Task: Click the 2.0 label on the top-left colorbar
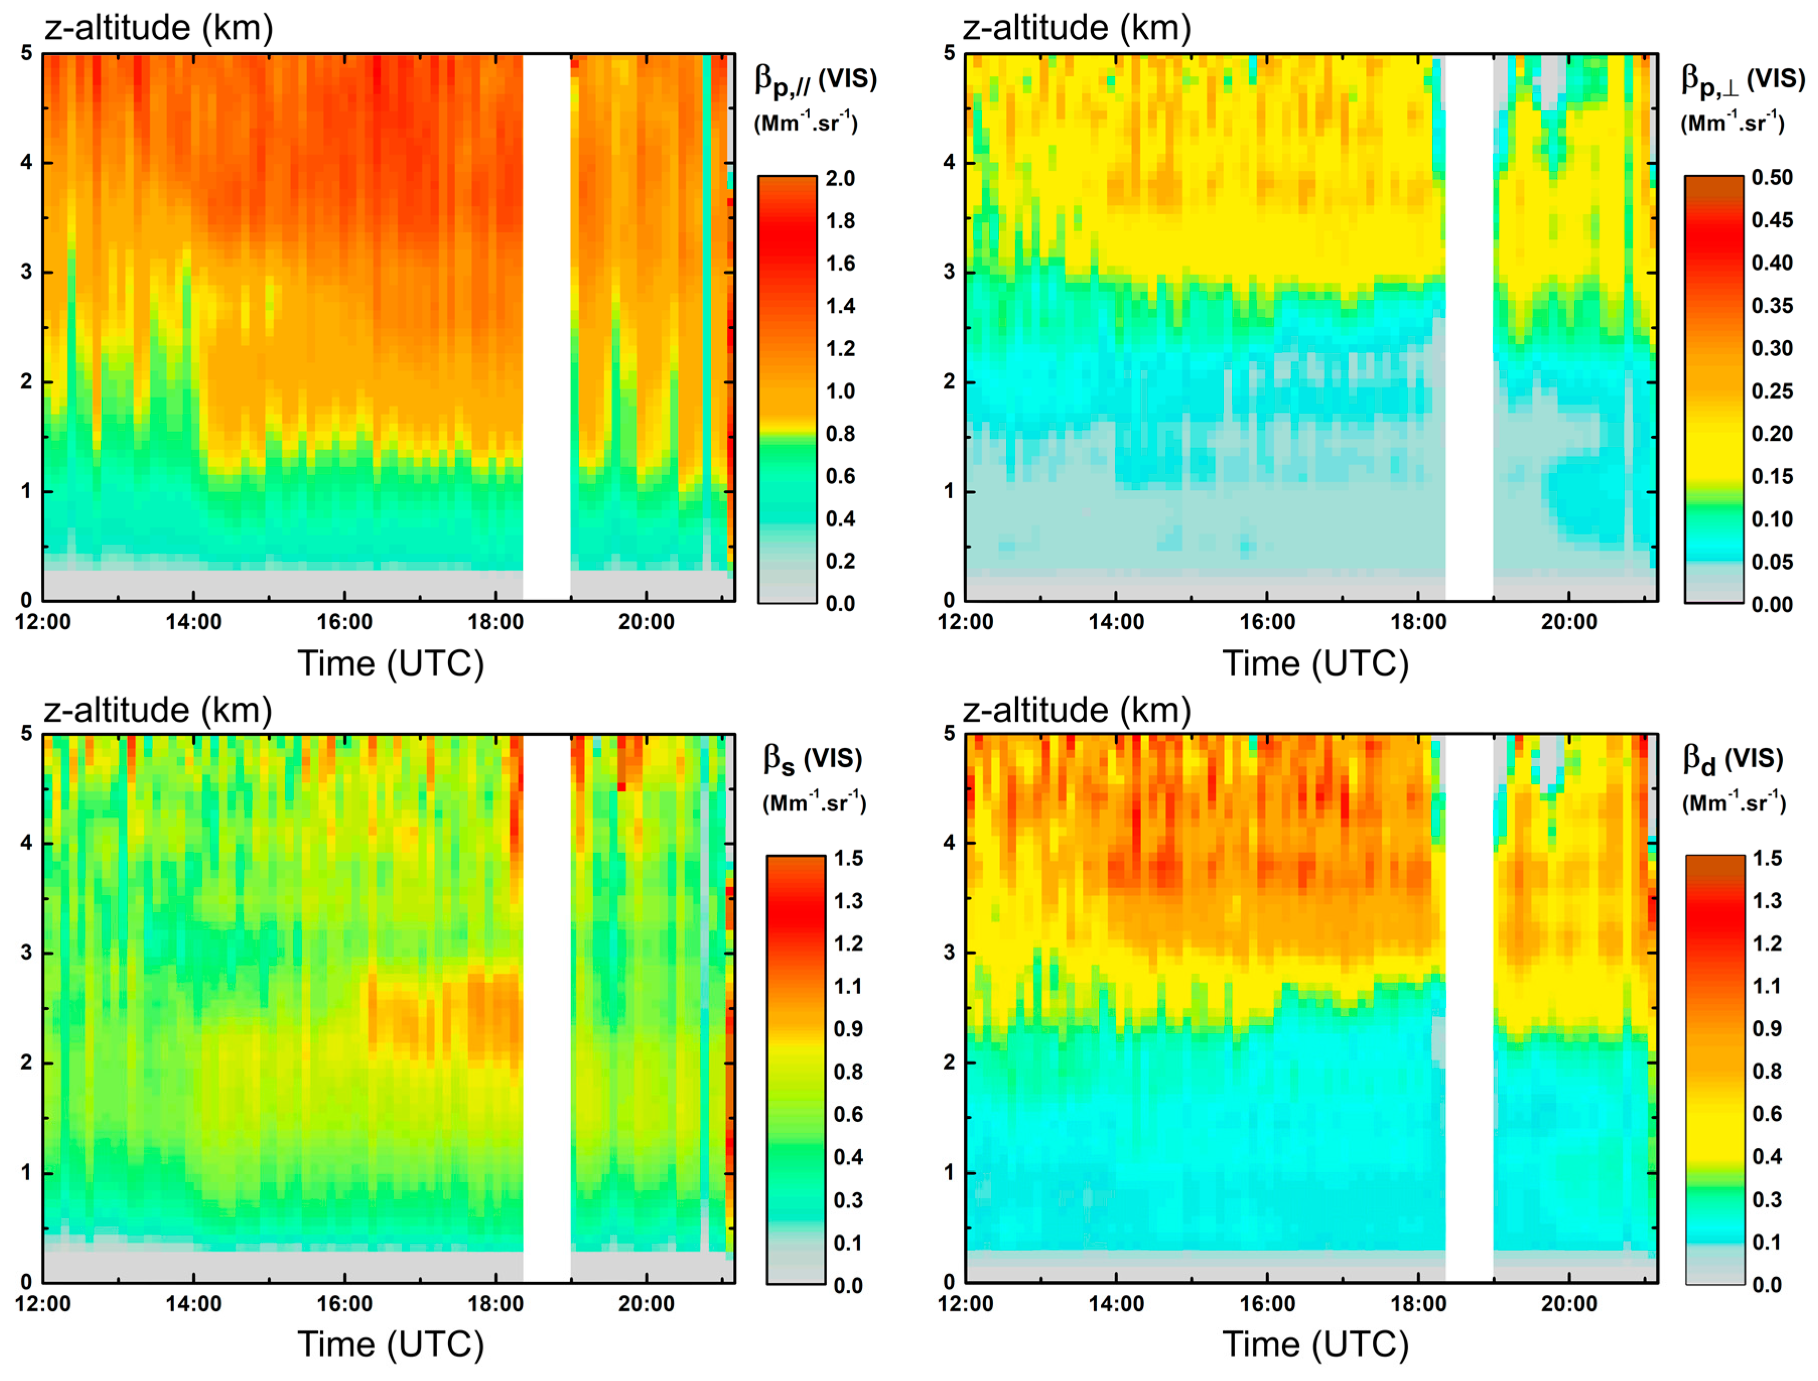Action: [x=840, y=178]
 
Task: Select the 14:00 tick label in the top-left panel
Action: [x=193, y=622]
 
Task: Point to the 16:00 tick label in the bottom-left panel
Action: [x=344, y=1304]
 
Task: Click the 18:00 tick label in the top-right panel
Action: [x=1418, y=622]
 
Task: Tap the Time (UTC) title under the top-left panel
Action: [x=390, y=664]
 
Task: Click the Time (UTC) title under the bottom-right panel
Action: [x=1315, y=1345]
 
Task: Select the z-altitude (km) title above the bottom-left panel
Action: [x=158, y=710]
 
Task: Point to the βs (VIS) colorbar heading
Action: [x=812, y=760]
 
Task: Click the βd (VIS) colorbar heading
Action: [x=1732, y=760]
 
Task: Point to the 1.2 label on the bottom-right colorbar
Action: [x=1767, y=944]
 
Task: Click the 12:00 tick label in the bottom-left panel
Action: [x=43, y=1304]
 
